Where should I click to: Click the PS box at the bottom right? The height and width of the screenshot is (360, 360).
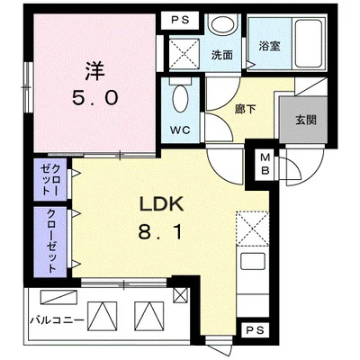coord(255,329)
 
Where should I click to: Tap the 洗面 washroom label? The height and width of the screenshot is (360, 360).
coord(221,55)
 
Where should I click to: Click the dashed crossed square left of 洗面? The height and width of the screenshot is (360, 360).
coord(188,52)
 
